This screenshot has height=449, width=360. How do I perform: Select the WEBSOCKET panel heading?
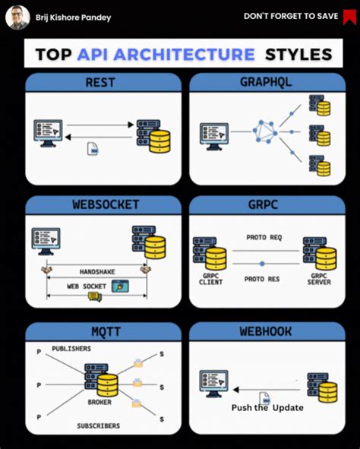tap(103, 205)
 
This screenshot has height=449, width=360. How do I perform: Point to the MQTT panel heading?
tap(103, 331)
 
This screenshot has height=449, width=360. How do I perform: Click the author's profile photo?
tap(18, 17)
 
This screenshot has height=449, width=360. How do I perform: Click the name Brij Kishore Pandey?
tap(73, 17)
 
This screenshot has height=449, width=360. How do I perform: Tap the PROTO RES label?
tap(262, 280)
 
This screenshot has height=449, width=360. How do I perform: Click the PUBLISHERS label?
tap(71, 349)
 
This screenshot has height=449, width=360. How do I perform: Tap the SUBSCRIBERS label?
tap(98, 425)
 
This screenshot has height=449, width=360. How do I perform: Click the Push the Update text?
tap(267, 408)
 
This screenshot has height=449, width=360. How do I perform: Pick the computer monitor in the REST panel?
tap(46, 131)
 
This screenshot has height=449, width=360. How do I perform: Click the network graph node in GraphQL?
tap(265, 131)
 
